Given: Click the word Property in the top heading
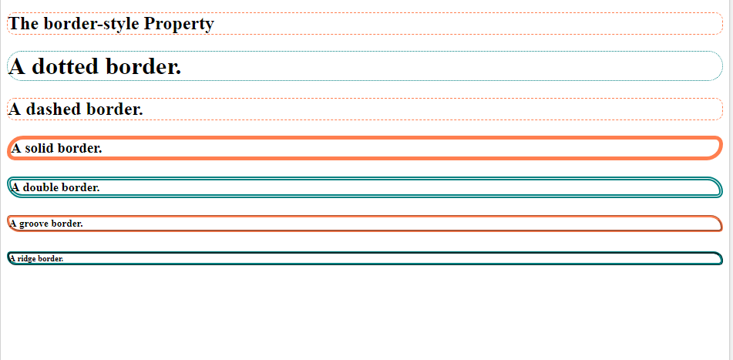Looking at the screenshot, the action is (x=178, y=24).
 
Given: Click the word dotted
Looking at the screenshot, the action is (x=63, y=67).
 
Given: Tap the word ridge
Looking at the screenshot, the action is (x=27, y=258).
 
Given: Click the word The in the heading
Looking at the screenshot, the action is (x=23, y=24).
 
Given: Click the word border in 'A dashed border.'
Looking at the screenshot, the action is (x=114, y=109).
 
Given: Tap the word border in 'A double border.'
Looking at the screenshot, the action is (x=81, y=187).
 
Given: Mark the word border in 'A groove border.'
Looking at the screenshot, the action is (x=68, y=224).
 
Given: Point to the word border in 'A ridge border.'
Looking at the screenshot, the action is (x=51, y=258).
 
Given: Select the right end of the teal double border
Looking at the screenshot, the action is (x=720, y=187).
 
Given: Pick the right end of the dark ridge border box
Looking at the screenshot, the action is (x=721, y=258).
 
